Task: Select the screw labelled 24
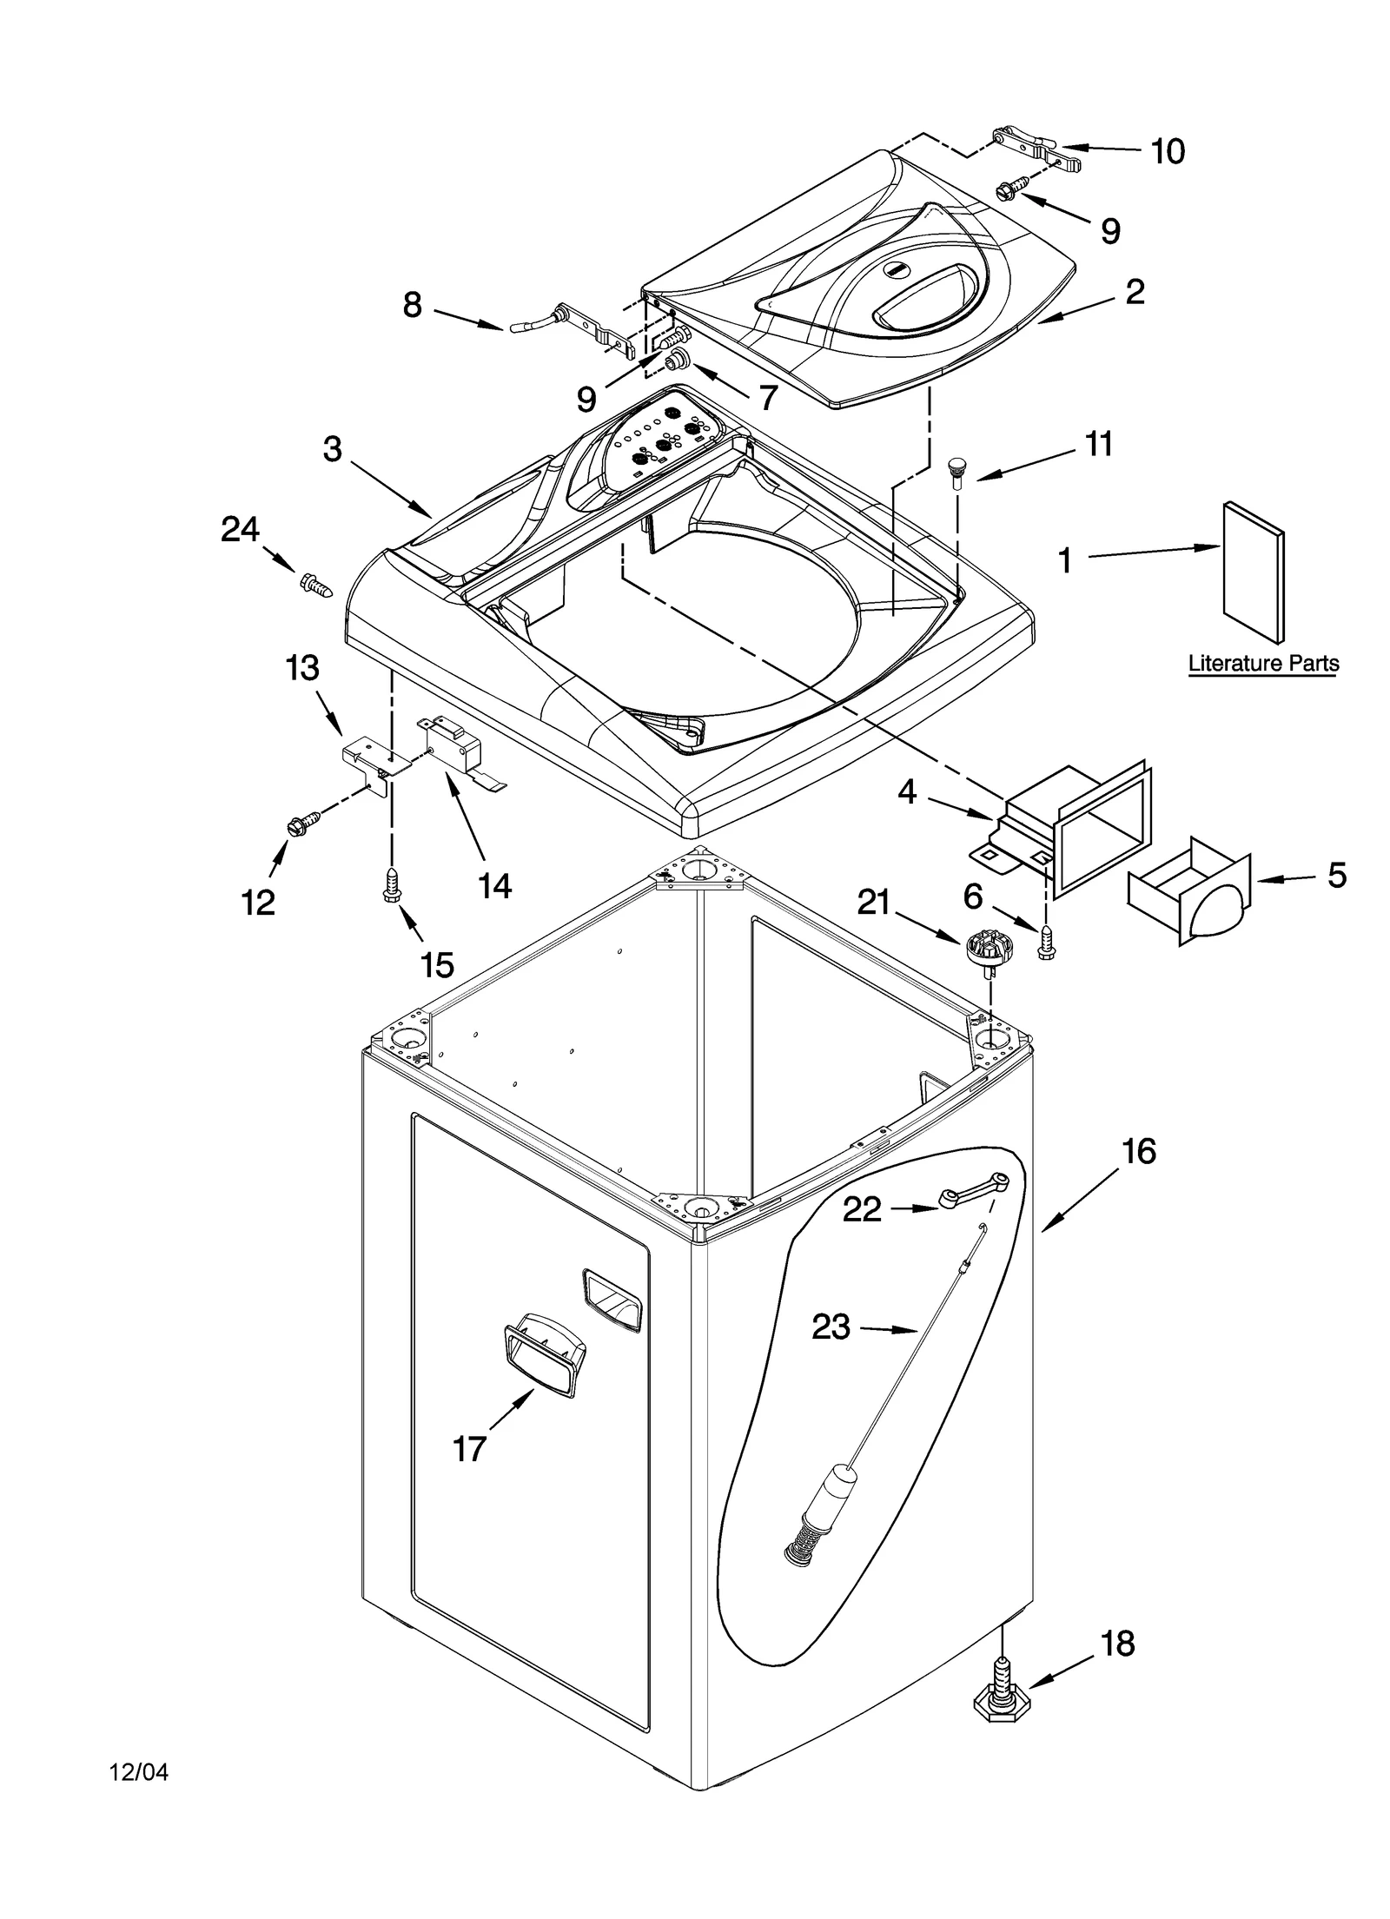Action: (x=316, y=585)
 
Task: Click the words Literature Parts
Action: (x=1262, y=664)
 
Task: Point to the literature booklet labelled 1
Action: (x=1253, y=571)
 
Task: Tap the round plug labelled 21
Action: (x=983, y=944)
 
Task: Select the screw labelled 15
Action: (x=391, y=887)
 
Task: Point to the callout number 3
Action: (x=332, y=449)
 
